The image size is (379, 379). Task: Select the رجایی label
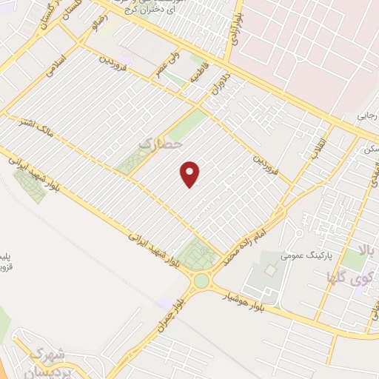[367, 115]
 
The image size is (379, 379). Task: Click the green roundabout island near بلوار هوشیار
[201, 281]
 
